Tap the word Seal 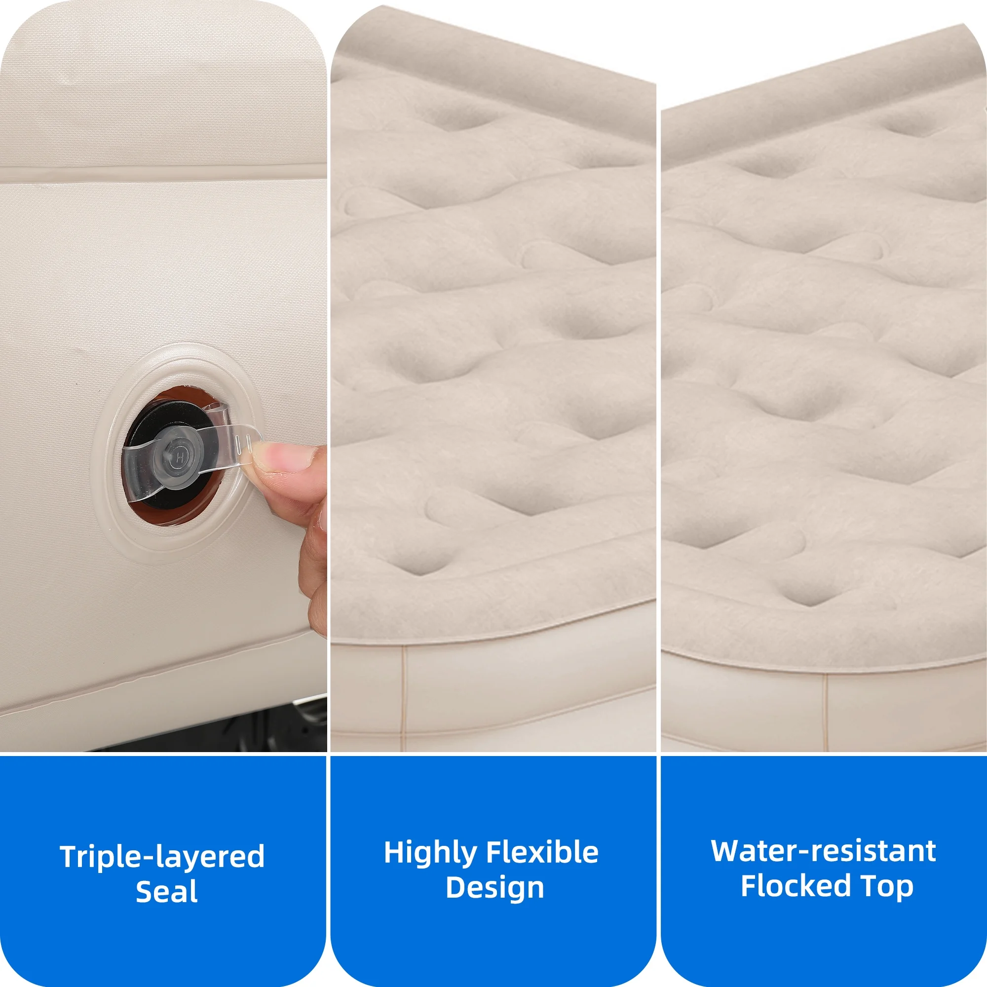(x=166, y=892)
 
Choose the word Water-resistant (x=823, y=851)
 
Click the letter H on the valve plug (x=180, y=456)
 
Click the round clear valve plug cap (x=180, y=456)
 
